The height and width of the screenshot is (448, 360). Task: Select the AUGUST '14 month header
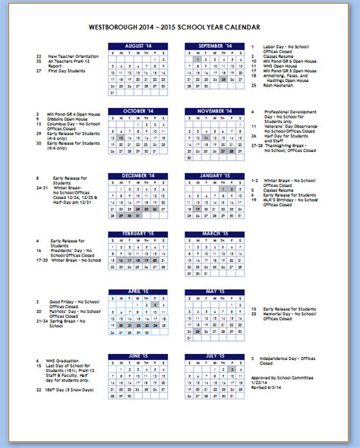pyautogui.click(x=138, y=46)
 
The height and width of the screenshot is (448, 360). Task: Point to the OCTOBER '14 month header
pyautogui.click(x=138, y=111)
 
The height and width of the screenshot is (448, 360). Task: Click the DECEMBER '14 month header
pyautogui.click(x=138, y=176)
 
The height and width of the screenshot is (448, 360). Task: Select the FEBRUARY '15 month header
pyautogui.click(x=138, y=233)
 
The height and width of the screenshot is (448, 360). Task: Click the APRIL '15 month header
pyautogui.click(x=138, y=292)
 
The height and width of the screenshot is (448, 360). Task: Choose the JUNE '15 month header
pyautogui.click(x=138, y=355)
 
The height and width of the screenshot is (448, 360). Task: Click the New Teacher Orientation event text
pyautogui.click(x=73, y=56)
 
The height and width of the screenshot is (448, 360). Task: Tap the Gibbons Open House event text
pyautogui.click(x=68, y=119)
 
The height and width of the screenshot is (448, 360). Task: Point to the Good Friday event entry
pyautogui.click(x=68, y=301)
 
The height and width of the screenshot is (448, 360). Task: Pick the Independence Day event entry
pyautogui.click(x=285, y=358)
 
